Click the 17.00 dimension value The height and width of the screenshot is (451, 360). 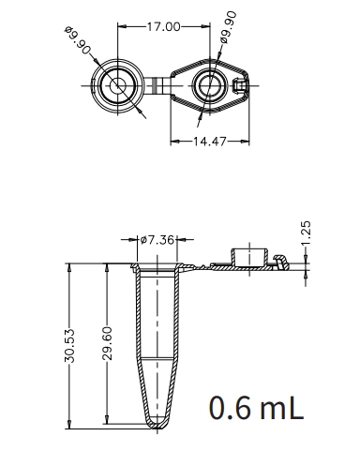[162, 26]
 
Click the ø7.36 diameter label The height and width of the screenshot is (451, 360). [157, 240]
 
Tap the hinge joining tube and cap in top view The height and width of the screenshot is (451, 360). [161, 88]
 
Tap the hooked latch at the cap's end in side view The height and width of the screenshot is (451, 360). [278, 262]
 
